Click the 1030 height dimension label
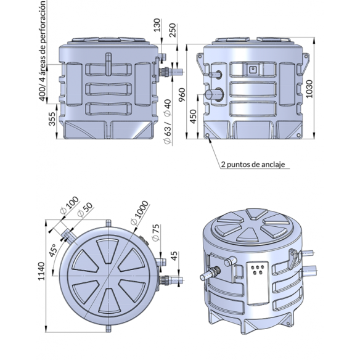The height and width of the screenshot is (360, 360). (309, 89)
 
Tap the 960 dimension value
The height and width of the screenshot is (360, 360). (182, 95)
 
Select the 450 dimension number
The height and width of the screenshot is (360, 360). (194, 117)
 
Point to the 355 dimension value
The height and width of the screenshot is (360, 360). (52, 119)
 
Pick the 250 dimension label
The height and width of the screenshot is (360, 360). (172, 30)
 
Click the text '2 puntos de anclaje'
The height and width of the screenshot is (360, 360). (253, 165)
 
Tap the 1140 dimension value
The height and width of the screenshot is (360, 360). (41, 271)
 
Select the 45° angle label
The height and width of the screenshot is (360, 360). (52, 250)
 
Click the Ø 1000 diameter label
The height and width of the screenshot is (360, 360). (139, 213)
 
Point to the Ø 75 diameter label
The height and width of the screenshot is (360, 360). (155, 232)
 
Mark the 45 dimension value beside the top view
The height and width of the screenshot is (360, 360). (174, 256)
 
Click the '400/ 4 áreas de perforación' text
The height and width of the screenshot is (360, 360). (43, 51)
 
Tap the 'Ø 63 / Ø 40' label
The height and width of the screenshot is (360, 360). (168, 121)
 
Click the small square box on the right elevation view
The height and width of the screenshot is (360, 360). (253, 69)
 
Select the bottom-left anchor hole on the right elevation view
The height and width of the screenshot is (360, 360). (208, 136)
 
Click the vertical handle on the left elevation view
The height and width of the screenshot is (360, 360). (108, 64)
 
